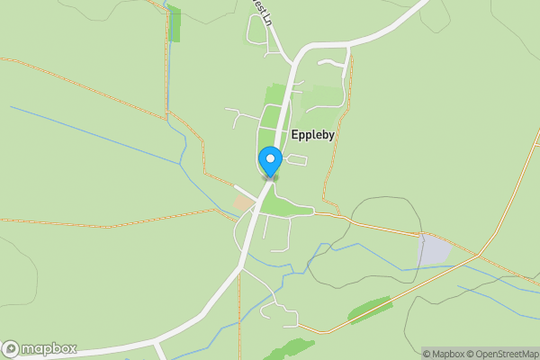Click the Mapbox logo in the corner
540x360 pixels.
pos(40,348)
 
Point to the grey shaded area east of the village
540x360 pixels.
pos(435,249)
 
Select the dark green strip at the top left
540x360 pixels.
pos(174,24)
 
